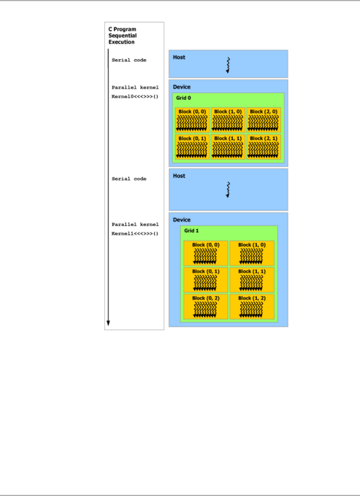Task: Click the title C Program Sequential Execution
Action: click(122, 35)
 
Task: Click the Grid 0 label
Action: click(183, 98)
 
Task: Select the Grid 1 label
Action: click(191, 230)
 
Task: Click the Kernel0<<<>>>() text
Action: click(135, 97)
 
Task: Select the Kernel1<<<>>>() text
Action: click(135, 234)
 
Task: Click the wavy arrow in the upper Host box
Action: click(228, 65)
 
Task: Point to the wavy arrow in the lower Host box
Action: click(228, 190)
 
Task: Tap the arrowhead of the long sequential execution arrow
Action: click(108, 323)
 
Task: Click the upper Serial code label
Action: click(129, 60)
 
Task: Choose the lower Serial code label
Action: click(129, 179)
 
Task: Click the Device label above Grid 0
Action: click(182, 87)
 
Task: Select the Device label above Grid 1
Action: click(182, 220)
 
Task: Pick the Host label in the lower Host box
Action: click(179, 176)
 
